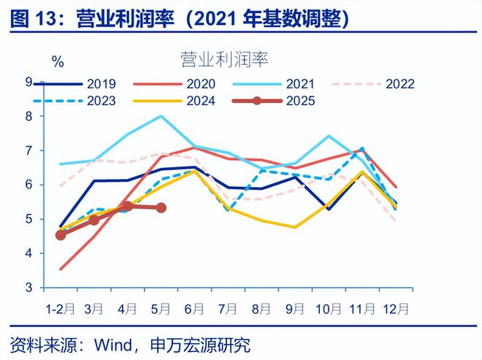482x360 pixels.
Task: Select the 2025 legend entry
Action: point(302,101)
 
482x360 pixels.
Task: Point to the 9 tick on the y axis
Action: point(28,82)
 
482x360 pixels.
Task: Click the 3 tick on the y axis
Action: point(28,288)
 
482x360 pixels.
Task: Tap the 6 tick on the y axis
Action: point(28,185)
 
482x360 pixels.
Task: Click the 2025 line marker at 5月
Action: point(161,208)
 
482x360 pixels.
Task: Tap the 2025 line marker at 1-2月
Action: point(61,235)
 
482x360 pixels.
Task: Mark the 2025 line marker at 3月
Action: point(93,220)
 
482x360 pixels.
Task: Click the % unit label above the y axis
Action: point(57,61)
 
